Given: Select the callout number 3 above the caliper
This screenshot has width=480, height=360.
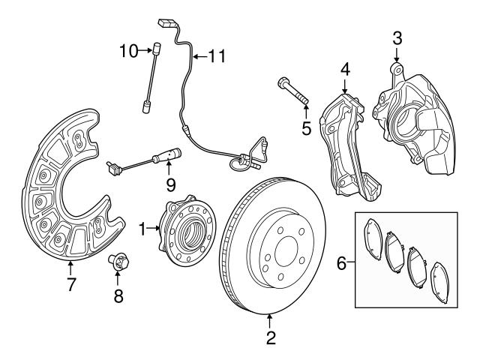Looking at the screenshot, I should (397, 36).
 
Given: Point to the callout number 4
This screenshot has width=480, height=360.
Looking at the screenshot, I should (344, 70).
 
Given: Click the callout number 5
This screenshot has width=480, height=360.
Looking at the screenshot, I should (306, 128).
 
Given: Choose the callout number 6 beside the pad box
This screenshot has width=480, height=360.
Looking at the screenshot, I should (341, 263).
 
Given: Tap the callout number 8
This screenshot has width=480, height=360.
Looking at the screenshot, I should (118, 296).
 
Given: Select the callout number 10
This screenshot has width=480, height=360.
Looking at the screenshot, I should (127, 50).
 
